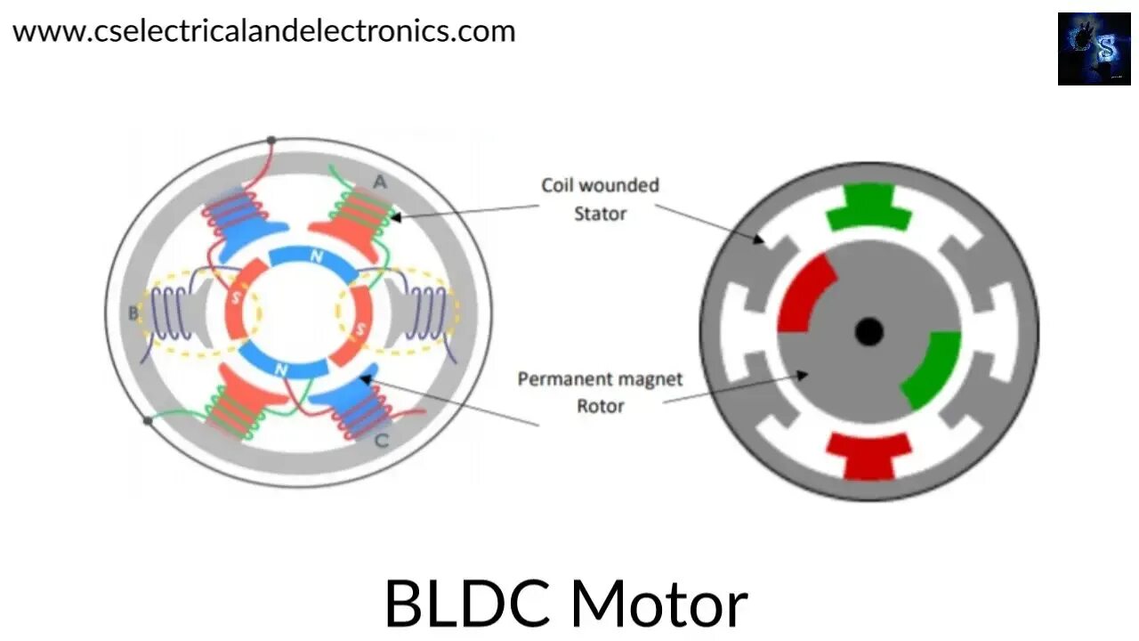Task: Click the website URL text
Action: tap(263, 31)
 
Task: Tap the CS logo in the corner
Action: tap(1094, 49)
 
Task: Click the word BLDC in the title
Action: tap(465, 604)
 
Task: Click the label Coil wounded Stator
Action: tap(601, 199)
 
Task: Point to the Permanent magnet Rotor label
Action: tap(601, 393)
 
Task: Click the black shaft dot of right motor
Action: tap(868, 332)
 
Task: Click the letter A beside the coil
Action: tap(380, 182)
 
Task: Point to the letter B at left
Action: tap(134, 312)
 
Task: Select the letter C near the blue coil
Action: tap(381, 439)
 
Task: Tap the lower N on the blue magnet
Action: tap(282, 369)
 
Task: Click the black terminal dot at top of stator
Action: tap(271, 141)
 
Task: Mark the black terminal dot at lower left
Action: tap(147, 421)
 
